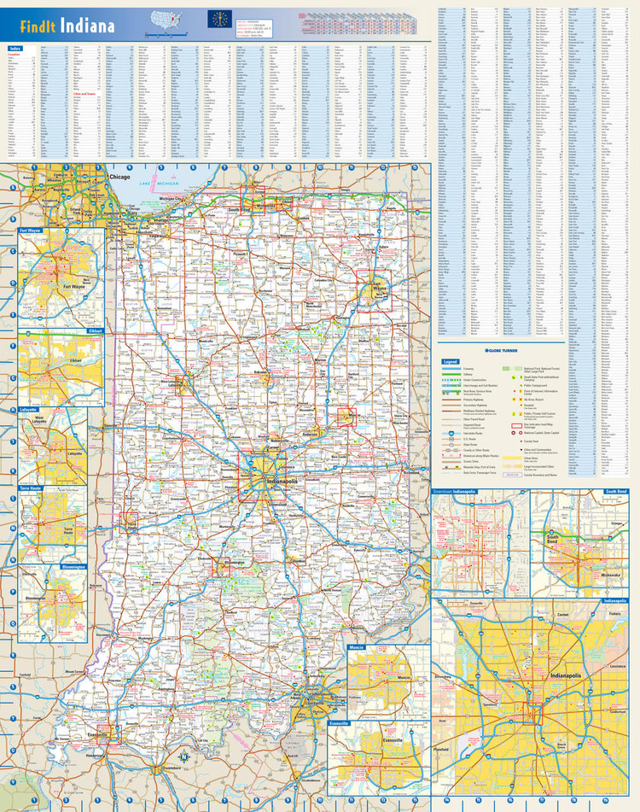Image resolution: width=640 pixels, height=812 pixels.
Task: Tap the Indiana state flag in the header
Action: coord(219,19)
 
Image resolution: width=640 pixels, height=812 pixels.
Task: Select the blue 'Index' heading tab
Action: coord(15,49)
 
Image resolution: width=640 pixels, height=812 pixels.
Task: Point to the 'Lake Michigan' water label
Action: coord(161,184)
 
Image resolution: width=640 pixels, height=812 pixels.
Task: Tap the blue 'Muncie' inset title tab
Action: coord(357,647)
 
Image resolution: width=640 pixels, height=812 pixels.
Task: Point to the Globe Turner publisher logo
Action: coord(503,349)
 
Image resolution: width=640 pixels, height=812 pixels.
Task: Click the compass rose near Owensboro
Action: coord(182,754)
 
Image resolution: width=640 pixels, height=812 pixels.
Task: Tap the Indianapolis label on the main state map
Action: coord(282,483)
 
